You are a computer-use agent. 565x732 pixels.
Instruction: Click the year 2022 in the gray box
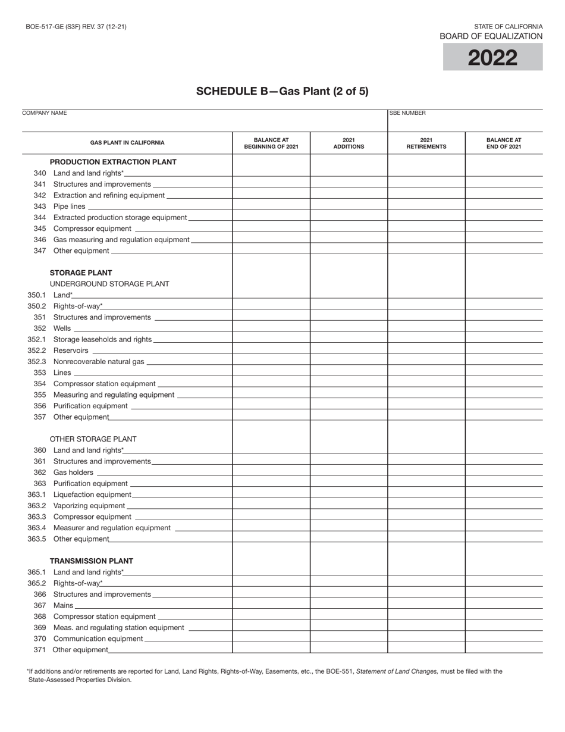coord(492,58)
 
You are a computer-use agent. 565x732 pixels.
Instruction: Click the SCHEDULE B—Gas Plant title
coord(282,91)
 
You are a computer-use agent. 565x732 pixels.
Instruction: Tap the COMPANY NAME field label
coord(45,113)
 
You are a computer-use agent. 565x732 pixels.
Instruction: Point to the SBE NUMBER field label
coord(408,113)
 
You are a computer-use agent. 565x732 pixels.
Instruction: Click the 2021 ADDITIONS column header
coord(349,143)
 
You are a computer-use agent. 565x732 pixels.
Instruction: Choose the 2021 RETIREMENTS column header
coord(426,143)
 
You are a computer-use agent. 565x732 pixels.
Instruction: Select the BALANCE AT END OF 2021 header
coord(504,143)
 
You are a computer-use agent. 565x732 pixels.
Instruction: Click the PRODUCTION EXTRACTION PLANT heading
coord(113,162)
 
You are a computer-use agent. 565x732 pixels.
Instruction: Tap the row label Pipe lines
coord(69,207)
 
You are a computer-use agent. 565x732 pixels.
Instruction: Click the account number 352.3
coord(36,362)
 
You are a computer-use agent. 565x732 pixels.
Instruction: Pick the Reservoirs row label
coord(71,351)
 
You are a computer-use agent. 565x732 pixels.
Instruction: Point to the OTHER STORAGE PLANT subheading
coord(93,439)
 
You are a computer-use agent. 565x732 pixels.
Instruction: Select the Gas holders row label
coord(73,473)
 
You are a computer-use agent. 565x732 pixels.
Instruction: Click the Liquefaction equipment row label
coord(92,495)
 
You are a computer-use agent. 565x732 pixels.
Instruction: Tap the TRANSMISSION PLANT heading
coord(91,561)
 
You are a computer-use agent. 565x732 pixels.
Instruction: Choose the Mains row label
coord(64,605)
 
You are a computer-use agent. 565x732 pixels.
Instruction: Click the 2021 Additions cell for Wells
coord(349,329)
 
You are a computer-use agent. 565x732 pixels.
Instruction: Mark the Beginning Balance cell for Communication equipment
coord(271,639)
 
